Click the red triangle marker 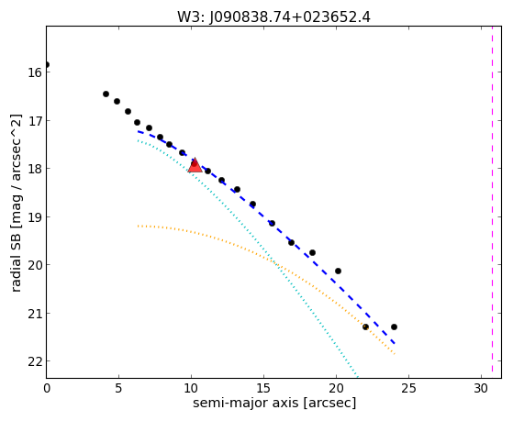195,165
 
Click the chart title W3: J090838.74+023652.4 273,17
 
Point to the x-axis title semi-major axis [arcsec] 274,403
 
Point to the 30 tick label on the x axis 481,388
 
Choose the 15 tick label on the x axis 263,388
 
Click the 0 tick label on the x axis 47,388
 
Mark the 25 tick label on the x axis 408,388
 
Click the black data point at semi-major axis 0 47,64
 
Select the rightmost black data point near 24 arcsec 394,327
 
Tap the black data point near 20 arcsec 338,271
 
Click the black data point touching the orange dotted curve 365,327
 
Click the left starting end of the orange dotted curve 139,226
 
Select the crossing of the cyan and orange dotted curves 275,263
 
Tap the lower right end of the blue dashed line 395,344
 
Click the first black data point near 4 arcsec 106,94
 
